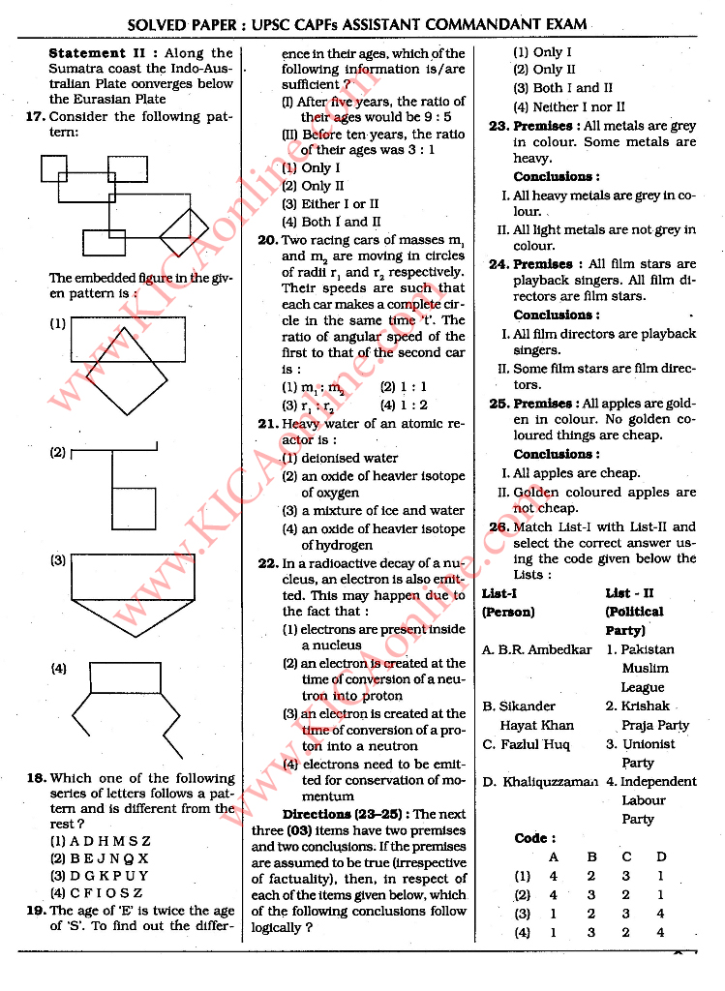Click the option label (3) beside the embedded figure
click(x=58, y=560)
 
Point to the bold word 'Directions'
click(x=319, y=814)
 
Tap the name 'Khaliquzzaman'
click(x=550, y=782)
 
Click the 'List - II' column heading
click(x=629, y=592)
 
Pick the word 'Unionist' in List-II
click(x=648, y=744)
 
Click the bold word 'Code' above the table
click(x=534, y=838)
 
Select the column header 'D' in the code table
click(x=661, y=856)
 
